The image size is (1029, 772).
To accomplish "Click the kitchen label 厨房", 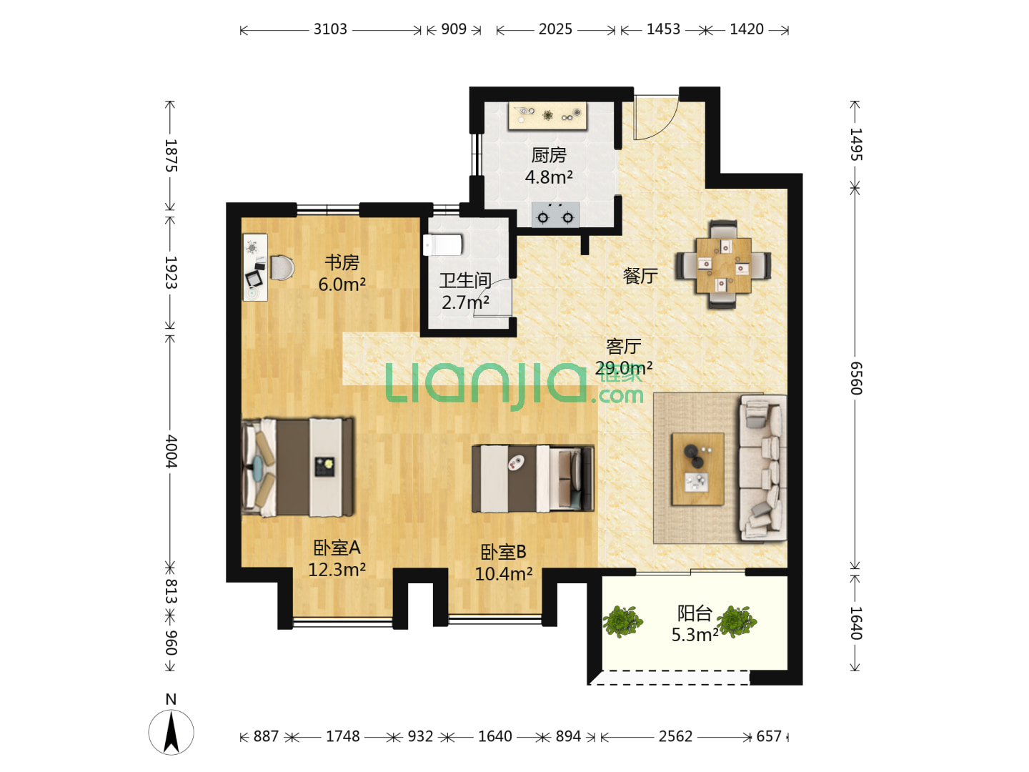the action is pyautogui.click(x=549, y=155).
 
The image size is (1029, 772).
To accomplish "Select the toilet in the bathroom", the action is pyautogui.click(x=442, y=245).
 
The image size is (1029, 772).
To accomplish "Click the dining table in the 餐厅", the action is pyautogui.click(x=723, y=265).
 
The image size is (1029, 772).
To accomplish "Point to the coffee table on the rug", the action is pyautogui.click(x=698, y=469).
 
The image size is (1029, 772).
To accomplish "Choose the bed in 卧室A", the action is pyautogui.click(x=298, y=467).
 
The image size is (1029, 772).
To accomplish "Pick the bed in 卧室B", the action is pyautogui.click(x=533, y=478).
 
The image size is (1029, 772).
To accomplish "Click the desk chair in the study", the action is pyautogui.click(x=282, y=267).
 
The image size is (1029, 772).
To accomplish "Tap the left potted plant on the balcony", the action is pyautogui.click(x=622, y=622).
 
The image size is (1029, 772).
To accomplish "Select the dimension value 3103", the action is pyautogui.click(x=330, y=29).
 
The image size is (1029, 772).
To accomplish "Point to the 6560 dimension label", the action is pyautogui.click(x=856, y=378).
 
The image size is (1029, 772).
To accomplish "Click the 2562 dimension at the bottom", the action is pyautogui.click(x=675, y=736).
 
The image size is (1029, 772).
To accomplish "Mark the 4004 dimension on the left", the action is pyautogui.click(x=171, y=451).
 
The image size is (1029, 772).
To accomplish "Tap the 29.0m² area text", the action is pyautogui.click(x=624, y=368).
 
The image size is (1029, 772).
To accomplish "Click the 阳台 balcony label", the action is pyautogui.click(x=695, y=613).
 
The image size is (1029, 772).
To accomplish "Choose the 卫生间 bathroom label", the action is pyautogui.click(x=465, y=280).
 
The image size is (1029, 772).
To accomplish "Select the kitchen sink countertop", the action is pyautogui.click(x=547, y=115).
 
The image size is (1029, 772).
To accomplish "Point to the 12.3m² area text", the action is pyautogui.click(x=337, y=570).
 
